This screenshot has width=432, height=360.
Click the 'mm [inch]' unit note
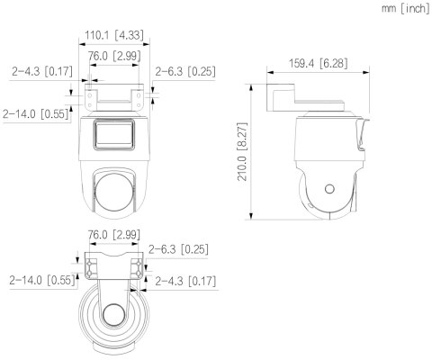click(404, 8)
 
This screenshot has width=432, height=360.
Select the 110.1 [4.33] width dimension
click(113, 36)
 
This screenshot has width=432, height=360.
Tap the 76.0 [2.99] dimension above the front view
click(113, 56)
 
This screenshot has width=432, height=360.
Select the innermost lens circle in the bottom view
click(113, 316)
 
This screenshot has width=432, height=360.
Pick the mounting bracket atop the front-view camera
click(113, 98)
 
